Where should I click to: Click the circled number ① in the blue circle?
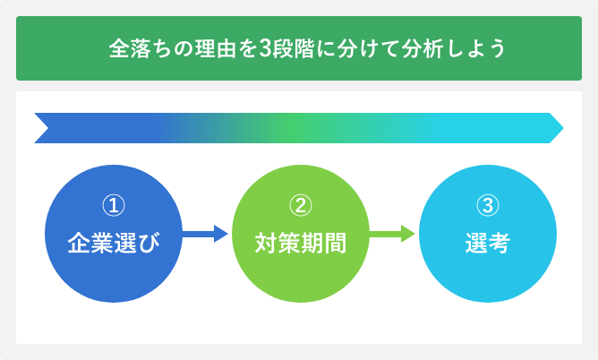(114, 205)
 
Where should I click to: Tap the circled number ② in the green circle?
(301, 205)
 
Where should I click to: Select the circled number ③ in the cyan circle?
(488, 205)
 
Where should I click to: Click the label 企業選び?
(114, 243)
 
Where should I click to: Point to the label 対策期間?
(301, 243)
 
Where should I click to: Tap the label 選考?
(488, 243)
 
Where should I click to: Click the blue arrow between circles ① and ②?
(205, 234)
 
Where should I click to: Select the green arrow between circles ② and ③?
(392, 234)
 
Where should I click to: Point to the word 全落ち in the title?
(141, 48)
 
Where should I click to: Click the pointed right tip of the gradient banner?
(563, 128)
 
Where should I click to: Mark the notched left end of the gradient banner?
(48, 128)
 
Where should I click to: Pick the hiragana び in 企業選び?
(149, 243)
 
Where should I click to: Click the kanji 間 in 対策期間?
(335, 243)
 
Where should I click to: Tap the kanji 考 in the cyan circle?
(500, 243)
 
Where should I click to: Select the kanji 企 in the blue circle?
(79, 243)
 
